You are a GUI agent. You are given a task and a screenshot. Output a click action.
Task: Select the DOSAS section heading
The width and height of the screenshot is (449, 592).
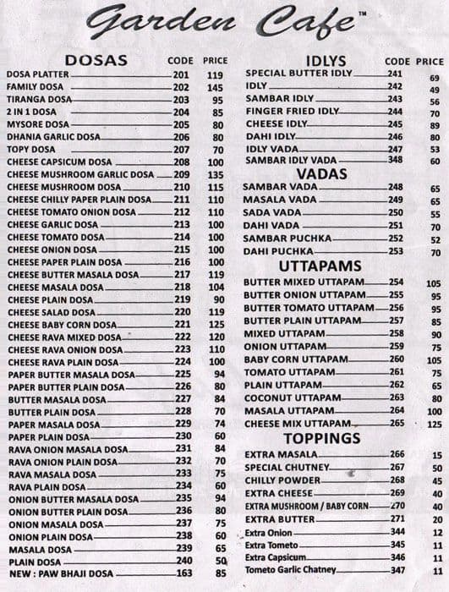click(96, 60)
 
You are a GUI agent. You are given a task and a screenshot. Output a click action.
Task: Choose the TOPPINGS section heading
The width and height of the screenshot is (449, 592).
click(322, 438)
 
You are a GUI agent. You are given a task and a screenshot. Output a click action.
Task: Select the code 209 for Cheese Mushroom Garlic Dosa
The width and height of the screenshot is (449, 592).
click(182, 174)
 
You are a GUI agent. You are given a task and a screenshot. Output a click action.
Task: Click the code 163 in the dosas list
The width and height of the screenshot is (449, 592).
click(182, 573)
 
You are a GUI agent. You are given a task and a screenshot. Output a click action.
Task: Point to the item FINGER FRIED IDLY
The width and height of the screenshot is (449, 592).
click(291, 111)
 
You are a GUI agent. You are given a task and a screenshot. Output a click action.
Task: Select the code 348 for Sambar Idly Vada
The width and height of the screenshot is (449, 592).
click(395, 159)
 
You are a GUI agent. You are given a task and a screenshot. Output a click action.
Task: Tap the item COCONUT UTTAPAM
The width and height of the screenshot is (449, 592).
click(292, 397)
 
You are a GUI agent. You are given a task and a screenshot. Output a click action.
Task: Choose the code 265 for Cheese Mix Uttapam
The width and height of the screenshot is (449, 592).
click(397, 423)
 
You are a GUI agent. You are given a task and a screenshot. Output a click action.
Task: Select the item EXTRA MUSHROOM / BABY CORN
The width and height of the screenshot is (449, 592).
click(306, 506)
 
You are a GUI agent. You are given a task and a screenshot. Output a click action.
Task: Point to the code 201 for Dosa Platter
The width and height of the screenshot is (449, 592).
click(182, 74)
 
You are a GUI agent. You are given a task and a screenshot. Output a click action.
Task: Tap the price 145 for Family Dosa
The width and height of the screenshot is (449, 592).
click(215, 87)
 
